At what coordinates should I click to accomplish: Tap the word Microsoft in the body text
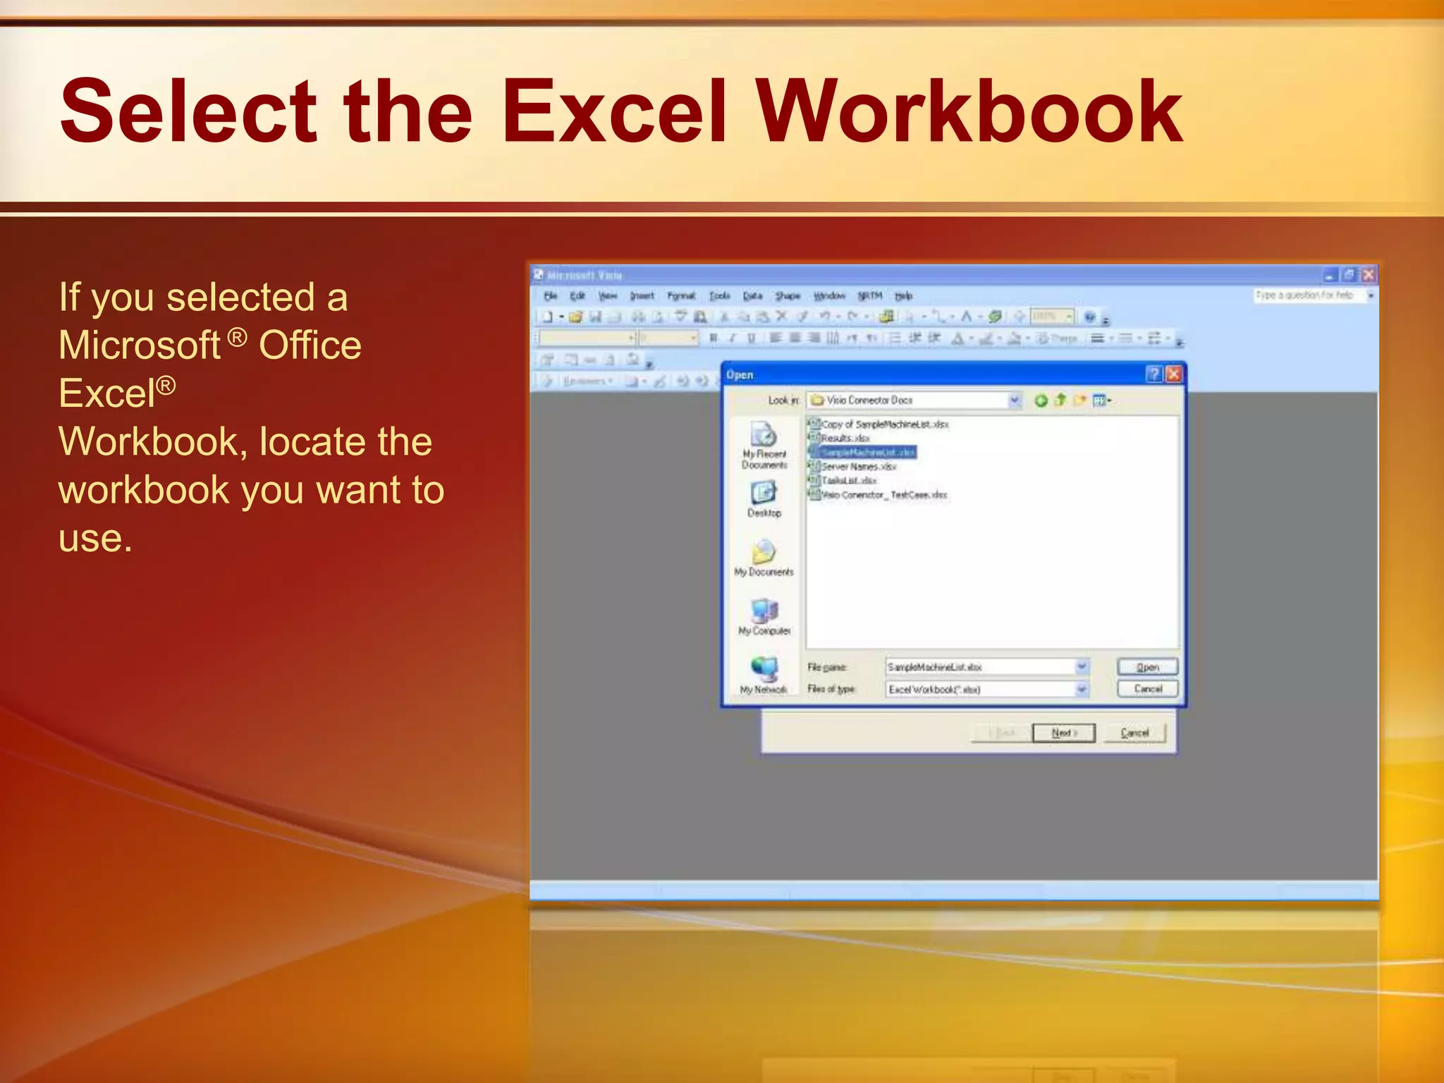point(140,345)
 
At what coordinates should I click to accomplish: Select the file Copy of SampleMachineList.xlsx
point(884,424)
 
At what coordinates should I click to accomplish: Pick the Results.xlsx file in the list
point(845,439)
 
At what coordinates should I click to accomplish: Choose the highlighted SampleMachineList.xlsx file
point(867,453)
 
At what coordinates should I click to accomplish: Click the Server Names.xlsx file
point(858,467)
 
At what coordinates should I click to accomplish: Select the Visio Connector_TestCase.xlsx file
point(883,495)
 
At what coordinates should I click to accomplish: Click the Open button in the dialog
point(1147,667)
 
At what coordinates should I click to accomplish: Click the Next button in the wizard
point(1063,733)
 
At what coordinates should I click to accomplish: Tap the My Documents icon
point(764,553)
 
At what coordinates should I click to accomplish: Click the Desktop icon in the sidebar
point(764,494)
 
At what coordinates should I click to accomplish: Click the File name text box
point(980,667)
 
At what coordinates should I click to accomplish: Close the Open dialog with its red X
point(1173,374)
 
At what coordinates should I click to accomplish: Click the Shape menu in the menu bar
point(787,296)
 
